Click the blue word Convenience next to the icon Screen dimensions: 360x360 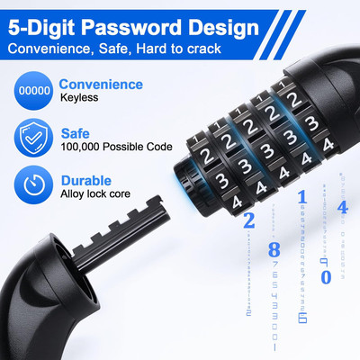101,85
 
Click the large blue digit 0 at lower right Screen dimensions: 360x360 325,277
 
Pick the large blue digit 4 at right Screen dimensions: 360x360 342,208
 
